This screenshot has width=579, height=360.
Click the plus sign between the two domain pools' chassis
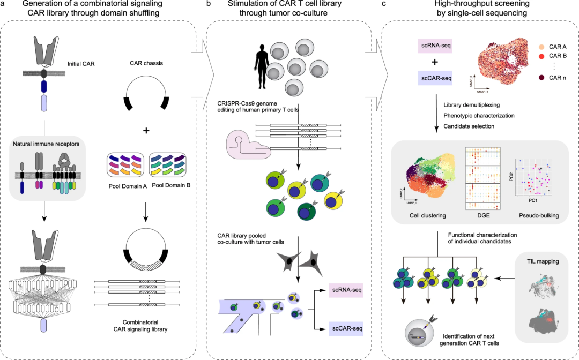147,130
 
